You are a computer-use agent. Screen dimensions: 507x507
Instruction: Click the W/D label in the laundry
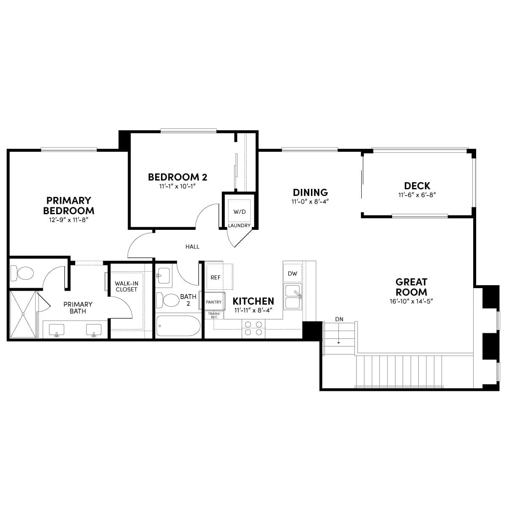click(x=240, y=212)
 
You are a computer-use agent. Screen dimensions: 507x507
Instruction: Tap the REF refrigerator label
click(x=215, y=277)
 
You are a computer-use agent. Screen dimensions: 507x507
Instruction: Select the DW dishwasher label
click(x=292, y=273)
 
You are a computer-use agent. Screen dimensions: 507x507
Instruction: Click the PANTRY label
click(x=214, y=302)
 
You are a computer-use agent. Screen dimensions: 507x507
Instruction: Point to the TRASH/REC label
click(x=214, y=315)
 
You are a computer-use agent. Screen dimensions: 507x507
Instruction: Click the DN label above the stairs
click(x=339, y=319)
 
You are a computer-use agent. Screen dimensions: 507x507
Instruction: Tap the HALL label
click(x=192, y=246)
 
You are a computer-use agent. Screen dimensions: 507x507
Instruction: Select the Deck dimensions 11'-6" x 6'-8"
click(x=417, y=195)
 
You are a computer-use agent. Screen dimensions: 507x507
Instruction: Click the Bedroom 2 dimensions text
click(x=177, y=186)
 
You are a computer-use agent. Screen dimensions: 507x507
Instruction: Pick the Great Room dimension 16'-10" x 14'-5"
click(x=411, y=301)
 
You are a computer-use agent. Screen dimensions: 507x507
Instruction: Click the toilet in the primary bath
click(x=22, y=273)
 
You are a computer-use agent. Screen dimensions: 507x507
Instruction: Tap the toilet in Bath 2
click(x=168, y=300)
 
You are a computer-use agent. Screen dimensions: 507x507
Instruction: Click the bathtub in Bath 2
click(x=178, y=326)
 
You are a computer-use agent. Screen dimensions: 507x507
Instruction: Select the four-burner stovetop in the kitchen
click(x=253, y=328)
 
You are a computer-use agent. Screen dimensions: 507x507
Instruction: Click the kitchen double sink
click(x=293, y=297)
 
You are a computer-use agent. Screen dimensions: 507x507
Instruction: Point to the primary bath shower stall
click(x=23, y=313)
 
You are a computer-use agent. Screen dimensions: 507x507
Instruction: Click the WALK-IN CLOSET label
click(x=126, y=286)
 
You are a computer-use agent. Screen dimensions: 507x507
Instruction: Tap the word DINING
click(x=311, y=192)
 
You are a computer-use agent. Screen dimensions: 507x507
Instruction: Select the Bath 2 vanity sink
click(x=164, y=275)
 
